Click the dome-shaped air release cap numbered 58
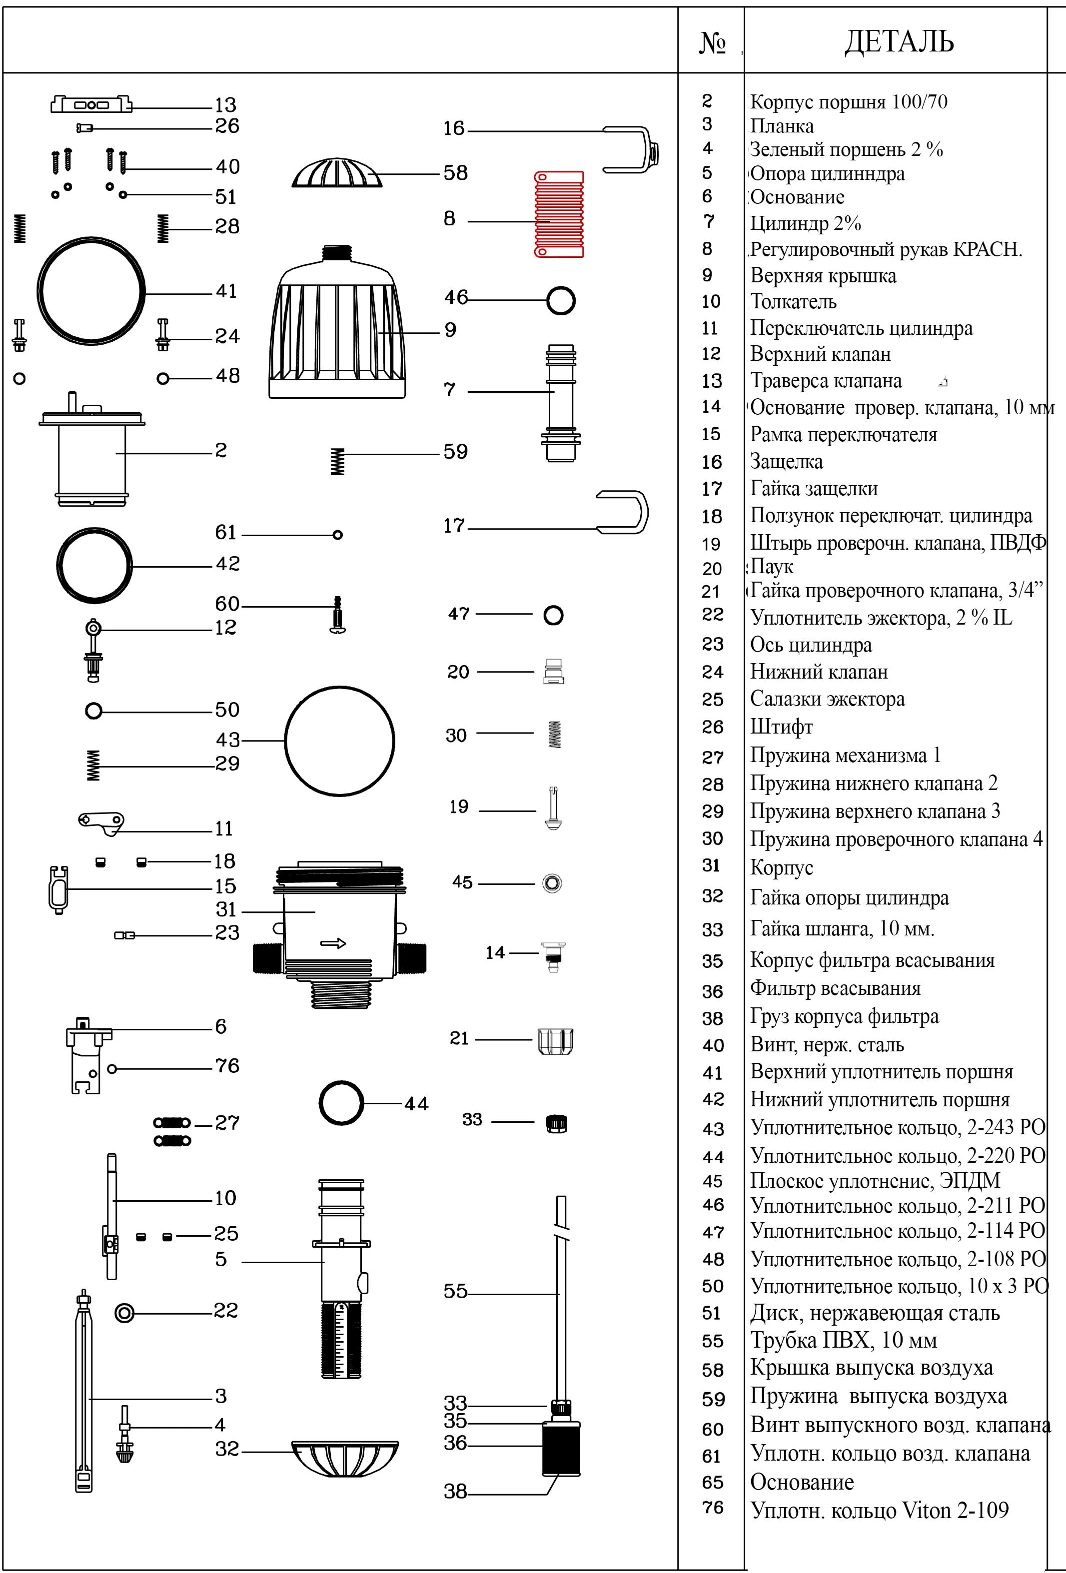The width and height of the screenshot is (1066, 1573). pyautogui.click(x=337, y=173)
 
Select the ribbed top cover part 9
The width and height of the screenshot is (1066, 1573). pyautogui.click(x=337, y=325)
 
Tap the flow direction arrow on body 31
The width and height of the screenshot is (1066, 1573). pyautogui.click(x=333, y=943)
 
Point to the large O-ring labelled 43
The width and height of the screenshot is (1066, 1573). pyautogui.click(x=340, y=741)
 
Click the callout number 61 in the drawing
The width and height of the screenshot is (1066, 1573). pyautogui.click(x=226, y=533)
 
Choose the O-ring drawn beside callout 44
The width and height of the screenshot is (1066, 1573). pyautogui.click(x=341, y=1103)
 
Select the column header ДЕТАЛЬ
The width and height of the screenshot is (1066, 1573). pyautogui.click(x=899, y=41)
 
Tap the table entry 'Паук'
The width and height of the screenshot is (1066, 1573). pyautogui.click(x=772, y=567)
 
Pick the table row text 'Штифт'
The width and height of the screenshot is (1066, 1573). pyautogui.click(x=781, y=727)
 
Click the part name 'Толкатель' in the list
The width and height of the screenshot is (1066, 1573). pyautogui.click(x=793, y=301)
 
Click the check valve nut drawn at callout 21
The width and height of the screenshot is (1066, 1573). pyautogui.click(x=556, y=1041)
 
